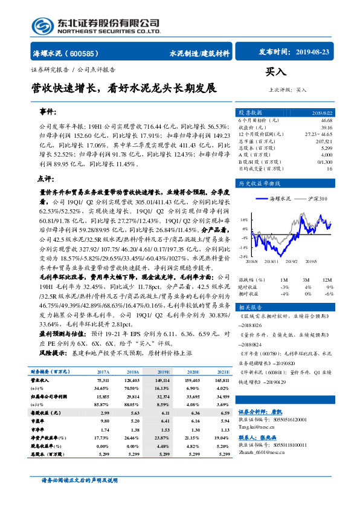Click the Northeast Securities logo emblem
pos(43,26)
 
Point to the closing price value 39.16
pos(327,128)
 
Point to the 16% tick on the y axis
pos(243,220)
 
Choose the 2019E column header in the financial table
pos(162,372)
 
